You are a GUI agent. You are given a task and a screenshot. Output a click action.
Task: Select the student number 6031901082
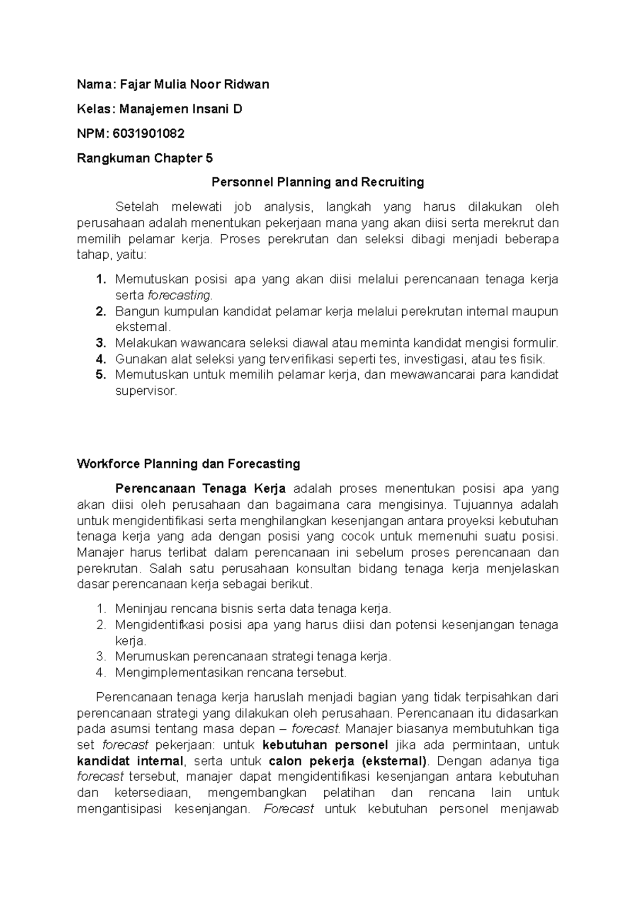click(149, 134)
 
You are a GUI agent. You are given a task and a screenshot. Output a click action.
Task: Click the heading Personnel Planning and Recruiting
click(317, 182)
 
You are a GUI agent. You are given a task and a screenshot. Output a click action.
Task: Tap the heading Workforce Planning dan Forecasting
click(188, 464)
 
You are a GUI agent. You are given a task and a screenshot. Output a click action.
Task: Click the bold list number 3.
click(101, 343)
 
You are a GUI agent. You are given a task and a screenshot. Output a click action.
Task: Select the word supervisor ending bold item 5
click(145, 391)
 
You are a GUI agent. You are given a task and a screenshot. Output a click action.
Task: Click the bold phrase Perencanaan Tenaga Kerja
click(200, 488)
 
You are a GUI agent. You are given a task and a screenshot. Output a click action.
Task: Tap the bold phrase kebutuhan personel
click(325, 745)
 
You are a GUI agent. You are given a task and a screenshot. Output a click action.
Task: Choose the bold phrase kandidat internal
click(130, 761)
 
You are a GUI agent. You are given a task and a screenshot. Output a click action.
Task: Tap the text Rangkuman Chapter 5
click(145, 158)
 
